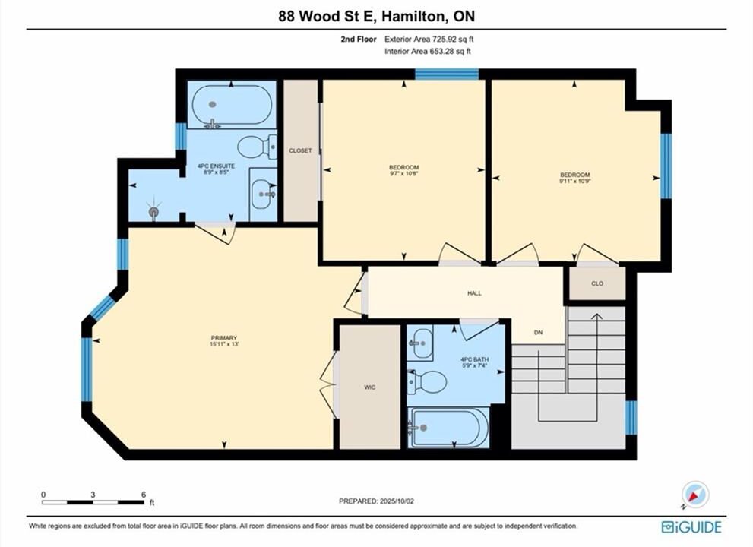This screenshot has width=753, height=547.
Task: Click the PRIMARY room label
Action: (224, 337)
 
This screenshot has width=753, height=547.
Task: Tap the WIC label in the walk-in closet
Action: (370, 387)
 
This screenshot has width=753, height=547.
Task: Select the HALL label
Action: (474, 293)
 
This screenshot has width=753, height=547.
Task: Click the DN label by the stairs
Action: (538, 332)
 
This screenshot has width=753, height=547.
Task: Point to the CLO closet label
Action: (597, 283)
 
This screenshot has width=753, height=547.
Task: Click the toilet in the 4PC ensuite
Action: (257, 147)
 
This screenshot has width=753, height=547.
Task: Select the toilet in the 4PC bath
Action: (427, 382)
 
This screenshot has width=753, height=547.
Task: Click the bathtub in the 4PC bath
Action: (448, 428)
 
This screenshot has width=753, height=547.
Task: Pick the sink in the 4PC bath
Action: (420, 343)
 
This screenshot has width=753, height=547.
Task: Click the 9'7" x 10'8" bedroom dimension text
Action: (404, 174)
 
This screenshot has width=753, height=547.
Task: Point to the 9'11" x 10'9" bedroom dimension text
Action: (574, 182)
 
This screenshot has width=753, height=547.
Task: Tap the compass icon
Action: (695, 495)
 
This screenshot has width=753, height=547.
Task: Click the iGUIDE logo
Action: (691, 526)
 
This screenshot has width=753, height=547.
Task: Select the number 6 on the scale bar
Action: (144, 494)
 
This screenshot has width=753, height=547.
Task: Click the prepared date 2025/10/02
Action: (397, 501)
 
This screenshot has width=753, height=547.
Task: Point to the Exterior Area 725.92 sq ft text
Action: (429, 40)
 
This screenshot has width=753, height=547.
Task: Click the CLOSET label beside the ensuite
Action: (300, 150)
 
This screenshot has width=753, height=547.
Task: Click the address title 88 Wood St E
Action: (329, 16)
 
